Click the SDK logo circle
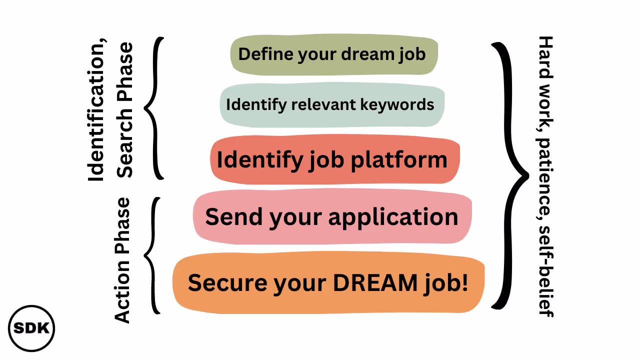[x=31, y=328]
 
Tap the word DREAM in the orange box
[x=375, y=282]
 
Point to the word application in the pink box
[x=393, y=217]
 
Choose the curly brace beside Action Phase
[x=152, y=255]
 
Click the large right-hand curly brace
[x=510, y=175]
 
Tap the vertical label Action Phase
[x=122, y=260]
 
